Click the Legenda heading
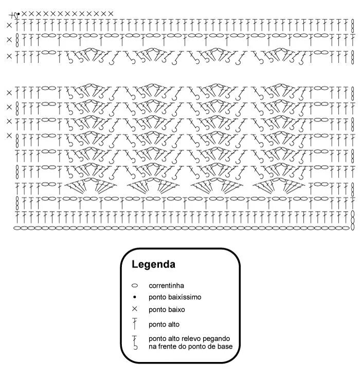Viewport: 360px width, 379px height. [x=154, y=265]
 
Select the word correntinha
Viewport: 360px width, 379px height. [x=167, y=285]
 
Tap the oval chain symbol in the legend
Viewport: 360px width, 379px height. [x=135, y=285]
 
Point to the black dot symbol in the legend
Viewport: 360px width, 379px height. [x=135, y=297]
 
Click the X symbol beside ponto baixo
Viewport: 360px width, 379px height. [x=135, y=309]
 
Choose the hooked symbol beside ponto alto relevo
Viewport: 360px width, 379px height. [x=135, y=342]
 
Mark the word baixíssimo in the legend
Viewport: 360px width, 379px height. [x=184, y=297]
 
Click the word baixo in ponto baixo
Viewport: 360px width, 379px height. [x=176, y=310]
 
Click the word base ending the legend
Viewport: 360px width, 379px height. [x=225, y=347]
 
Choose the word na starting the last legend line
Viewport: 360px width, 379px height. [x=153, y=347]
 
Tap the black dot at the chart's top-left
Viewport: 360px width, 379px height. [x=19, y=14]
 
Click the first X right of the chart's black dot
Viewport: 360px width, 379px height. [x=24, y=13]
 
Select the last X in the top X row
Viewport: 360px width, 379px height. [x=111, y=13]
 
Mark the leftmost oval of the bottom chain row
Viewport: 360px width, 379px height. [x=16, y=227]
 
